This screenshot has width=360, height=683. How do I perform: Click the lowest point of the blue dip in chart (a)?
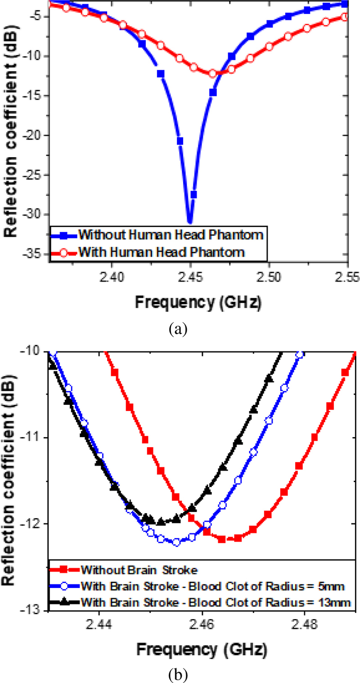coord(190,222)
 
